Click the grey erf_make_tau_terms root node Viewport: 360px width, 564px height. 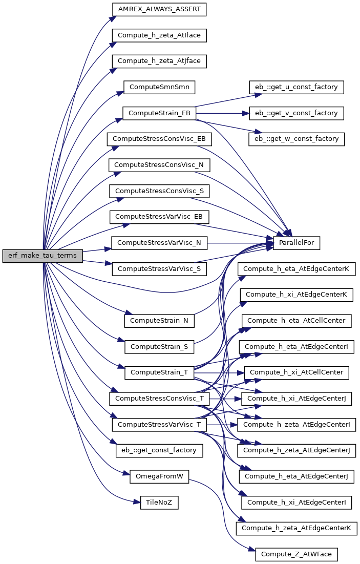[43, 256]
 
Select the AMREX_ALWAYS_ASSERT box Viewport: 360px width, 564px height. [159, 9]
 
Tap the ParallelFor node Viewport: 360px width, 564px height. [297, 243]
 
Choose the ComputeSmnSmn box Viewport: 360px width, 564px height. [159, 88]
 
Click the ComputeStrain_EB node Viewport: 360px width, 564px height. [159, 113]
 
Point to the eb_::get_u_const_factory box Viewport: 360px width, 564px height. [297, 88]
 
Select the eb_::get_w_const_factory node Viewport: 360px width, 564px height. [297, 139]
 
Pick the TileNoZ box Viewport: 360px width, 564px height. [159, 503]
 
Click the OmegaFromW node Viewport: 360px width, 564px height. [159, 476]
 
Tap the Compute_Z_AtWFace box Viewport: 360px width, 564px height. [297, 554]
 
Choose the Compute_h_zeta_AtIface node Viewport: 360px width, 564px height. [159, 36]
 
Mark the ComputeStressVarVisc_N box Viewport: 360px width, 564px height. [159, 243]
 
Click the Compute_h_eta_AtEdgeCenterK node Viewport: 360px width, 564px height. [297, 269]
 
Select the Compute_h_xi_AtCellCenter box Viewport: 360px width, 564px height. [297, 372]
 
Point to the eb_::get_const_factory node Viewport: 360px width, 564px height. [159, 450]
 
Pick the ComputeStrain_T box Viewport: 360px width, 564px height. [159, 372]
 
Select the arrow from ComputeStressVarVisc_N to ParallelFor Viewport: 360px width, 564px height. [240, 243]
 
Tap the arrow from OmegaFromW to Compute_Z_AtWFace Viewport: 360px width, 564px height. [223, 511]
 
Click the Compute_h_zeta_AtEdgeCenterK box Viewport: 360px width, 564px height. [297, 528]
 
